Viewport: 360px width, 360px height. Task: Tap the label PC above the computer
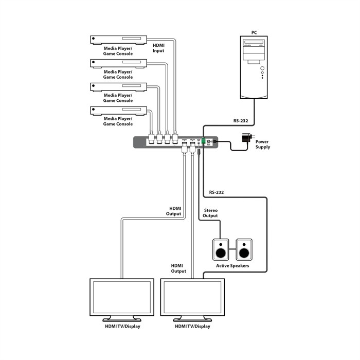254,32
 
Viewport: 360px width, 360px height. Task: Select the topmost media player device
118,39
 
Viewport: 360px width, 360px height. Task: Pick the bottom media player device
118,110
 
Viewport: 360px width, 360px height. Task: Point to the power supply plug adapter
245,138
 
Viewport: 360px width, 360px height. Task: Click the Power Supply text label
263,144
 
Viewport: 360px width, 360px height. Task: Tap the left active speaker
221,250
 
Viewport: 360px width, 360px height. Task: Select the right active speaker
244,250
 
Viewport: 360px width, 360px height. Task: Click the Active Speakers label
232,266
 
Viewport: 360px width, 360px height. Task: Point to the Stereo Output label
211,212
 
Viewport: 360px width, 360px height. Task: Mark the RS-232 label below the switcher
216,193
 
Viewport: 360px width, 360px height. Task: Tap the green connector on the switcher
204,141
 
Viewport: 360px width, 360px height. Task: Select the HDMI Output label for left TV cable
174,211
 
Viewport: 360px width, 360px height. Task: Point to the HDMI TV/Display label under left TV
122,326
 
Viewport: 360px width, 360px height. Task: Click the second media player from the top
118,62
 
